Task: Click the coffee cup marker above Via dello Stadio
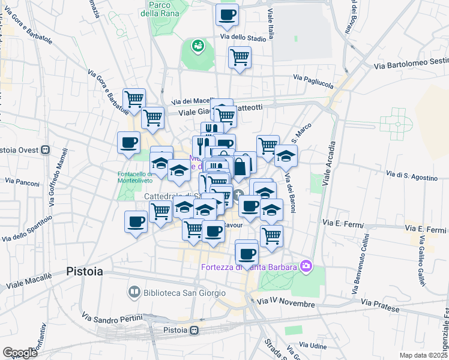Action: pyautogui.click(x=227, y=15)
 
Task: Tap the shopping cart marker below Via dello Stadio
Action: pyautogui.click(x=240, y=58)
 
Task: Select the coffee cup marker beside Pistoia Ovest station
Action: pyautogui.click(x=129, y=143)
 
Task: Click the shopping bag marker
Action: pyautogui.click(x=240, y=167)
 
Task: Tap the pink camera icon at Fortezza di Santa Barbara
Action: pyautogui.click(x=306, y=265)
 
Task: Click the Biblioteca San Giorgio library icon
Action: pyautogui.click(x=134, y=293)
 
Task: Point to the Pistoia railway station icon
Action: pyautogui.click(x=194, y=331)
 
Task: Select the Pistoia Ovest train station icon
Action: pyautogui.click(x=45, y=149)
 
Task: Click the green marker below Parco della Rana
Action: pyautogui.click(x=197, y=45)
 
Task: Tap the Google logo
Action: pyautogui.click(x=19, y=353)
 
